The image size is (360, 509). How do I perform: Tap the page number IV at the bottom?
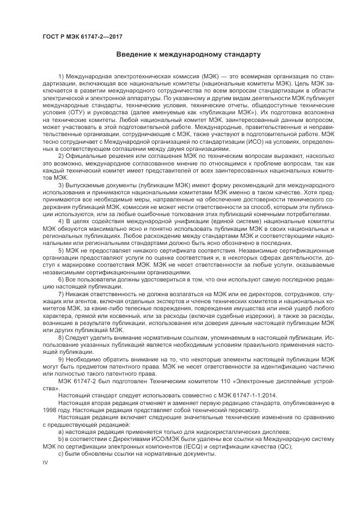(46, 463)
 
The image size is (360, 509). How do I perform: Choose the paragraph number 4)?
(61, 222)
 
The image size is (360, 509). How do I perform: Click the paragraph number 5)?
(61, 251)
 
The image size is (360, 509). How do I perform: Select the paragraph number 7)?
(61, 295)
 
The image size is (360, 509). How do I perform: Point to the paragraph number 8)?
(61, 338)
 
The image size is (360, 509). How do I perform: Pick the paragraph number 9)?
(61, 360)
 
